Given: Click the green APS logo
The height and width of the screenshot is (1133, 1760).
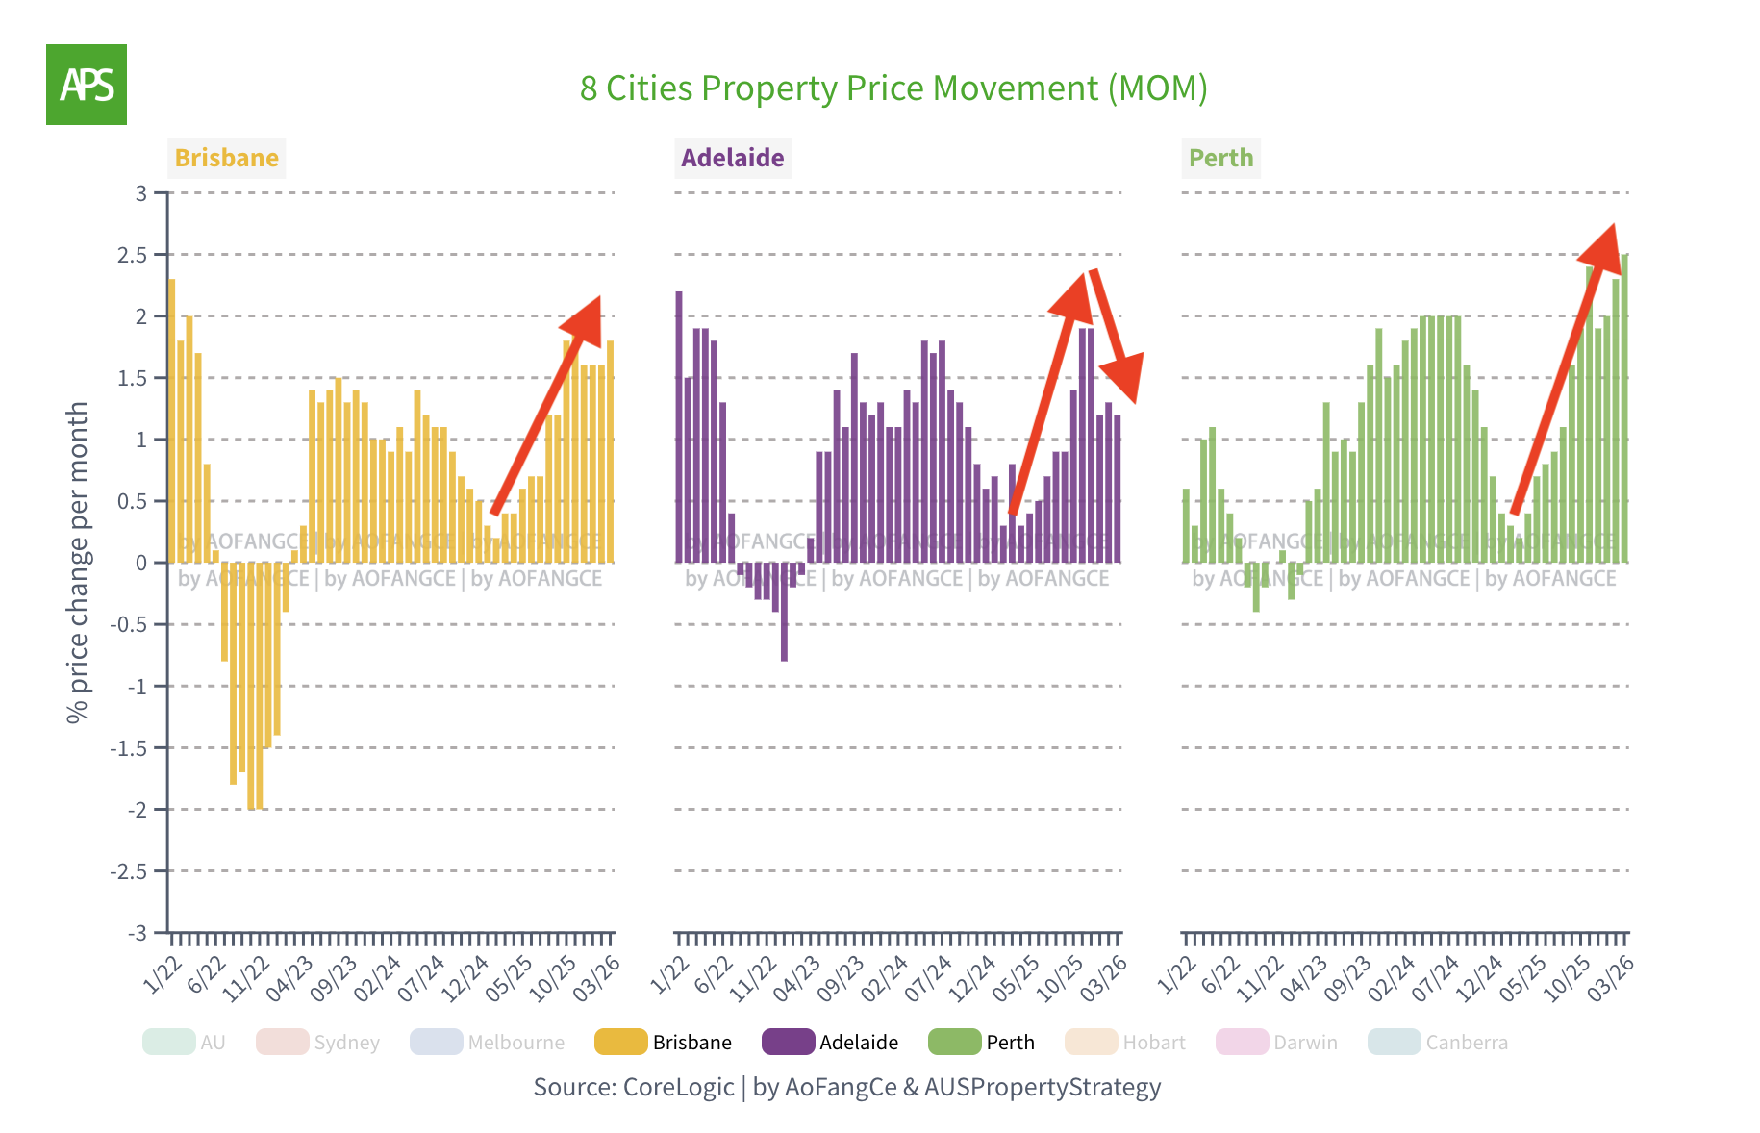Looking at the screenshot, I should [x=87, y=85].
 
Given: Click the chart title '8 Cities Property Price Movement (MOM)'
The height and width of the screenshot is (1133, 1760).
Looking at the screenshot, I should [x=893, y=88].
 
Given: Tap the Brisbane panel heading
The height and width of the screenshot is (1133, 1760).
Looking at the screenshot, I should [x=227, y=158].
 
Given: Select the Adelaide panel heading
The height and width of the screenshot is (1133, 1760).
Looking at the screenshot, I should [x=732, y=158].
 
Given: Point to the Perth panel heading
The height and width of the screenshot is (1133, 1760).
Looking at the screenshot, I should [x=1220, y=158].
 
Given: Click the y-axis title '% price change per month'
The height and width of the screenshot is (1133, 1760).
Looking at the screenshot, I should [x=78, y=562].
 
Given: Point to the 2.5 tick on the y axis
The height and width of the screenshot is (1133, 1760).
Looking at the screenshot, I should [x=132, y=255].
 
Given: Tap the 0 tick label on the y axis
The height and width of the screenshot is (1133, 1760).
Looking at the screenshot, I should [x=141, y=563].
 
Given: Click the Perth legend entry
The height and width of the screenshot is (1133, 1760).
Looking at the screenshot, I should [x=982, y=1042].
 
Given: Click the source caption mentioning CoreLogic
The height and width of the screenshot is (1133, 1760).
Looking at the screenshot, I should [x=846, y=1087].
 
